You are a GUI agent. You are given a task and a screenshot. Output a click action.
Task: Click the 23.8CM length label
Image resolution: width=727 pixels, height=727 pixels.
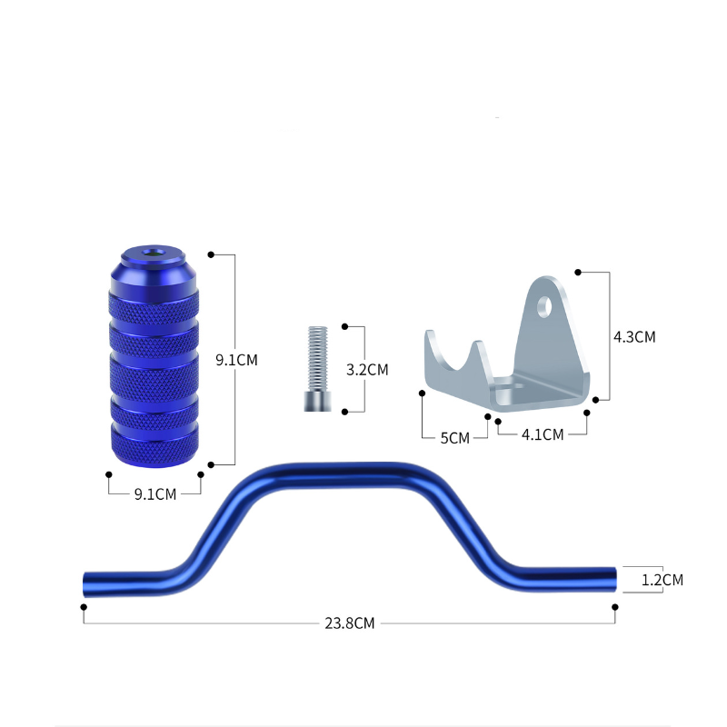(349, 623)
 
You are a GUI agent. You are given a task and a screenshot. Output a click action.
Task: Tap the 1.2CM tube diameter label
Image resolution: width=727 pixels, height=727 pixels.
(662, 580)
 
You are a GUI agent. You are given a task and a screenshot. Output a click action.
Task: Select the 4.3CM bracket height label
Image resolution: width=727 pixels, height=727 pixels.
(634, 337)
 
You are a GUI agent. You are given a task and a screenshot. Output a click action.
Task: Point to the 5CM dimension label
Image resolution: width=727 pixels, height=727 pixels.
(455, 438)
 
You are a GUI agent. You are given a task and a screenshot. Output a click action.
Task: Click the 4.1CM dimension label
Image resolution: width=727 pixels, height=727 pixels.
(543, 435)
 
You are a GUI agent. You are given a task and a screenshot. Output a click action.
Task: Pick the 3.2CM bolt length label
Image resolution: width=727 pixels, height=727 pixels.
(367, 370)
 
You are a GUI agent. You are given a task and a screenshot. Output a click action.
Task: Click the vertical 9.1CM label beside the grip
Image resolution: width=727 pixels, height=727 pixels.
(236, 360)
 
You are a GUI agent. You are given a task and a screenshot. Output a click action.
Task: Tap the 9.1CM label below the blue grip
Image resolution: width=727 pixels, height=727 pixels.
(155, 494)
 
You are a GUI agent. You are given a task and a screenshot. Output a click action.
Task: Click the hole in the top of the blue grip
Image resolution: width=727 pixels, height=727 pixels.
(154, 253)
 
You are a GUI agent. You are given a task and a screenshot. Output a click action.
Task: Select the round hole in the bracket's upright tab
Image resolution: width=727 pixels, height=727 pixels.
(544, 307)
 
